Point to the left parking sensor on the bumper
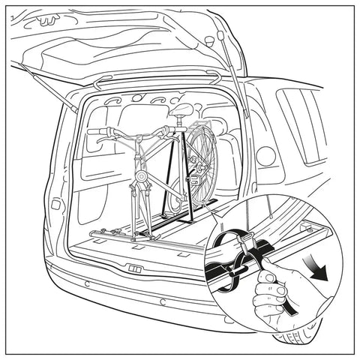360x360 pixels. (x=87, y=283)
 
